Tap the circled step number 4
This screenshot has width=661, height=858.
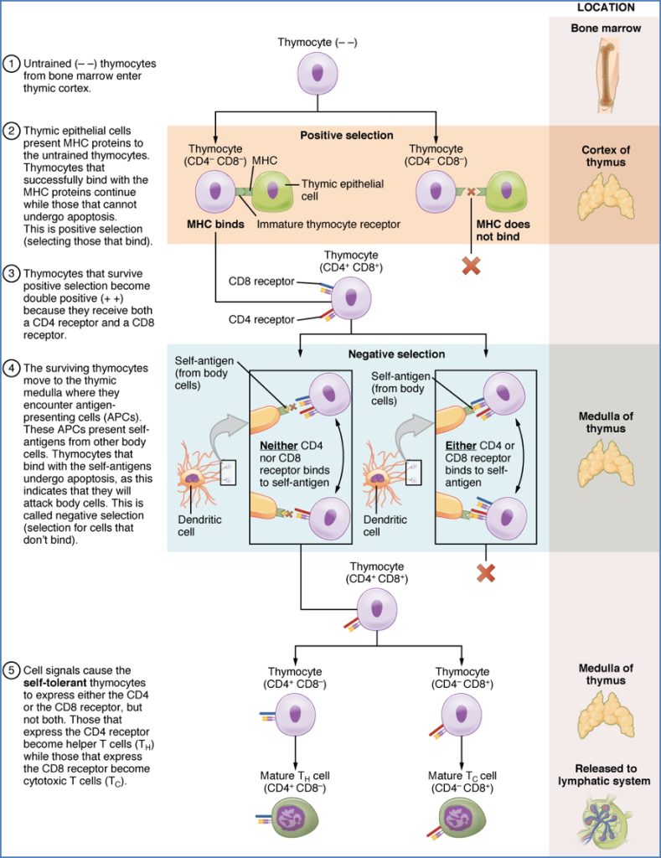click(12, 367)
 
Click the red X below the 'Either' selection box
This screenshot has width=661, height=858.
click(483, 573)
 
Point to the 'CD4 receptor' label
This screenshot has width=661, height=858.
click(263, 319)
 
